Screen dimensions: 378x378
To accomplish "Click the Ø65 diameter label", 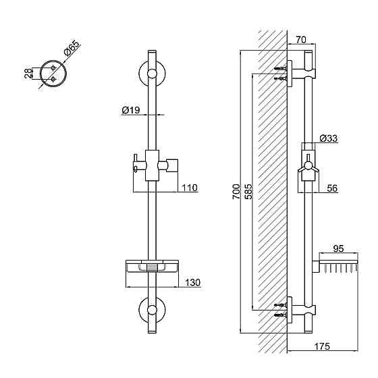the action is tap(72, 49).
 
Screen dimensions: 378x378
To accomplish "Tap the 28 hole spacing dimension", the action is tap(28, 74).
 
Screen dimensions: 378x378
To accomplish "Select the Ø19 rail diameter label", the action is tap(131, 110).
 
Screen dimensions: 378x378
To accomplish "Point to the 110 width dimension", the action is tap(190, 188).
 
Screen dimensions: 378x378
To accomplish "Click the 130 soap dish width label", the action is tap(193, 282).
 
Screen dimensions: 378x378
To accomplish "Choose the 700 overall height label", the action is tap(236, 192).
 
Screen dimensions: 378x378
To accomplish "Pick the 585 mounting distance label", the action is tap(248, 192).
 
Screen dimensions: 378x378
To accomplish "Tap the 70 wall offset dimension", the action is tap(301, 40).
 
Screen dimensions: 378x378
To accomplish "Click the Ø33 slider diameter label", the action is tap(329, 138).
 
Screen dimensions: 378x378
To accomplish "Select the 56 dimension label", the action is tap(332, 188).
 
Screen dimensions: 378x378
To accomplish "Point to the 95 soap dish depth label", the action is tap(338, 248).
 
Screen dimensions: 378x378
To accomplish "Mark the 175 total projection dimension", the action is tap(322, 346).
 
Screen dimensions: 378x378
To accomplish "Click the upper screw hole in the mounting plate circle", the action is tap(53, 68).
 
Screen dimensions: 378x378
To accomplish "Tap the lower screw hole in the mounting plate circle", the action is tap(53, 78).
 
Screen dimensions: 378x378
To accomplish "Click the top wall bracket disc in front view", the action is tap(152, 74).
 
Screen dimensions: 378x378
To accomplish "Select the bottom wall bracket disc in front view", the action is tap(152, 310).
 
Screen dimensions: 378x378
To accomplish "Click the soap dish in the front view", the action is tap(152, 267).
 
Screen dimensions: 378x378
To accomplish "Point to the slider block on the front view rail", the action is tap(152, 165).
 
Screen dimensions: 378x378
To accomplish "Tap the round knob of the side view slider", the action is tap(308, 165).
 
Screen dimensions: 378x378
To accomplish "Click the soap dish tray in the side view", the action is tap(338, 263).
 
